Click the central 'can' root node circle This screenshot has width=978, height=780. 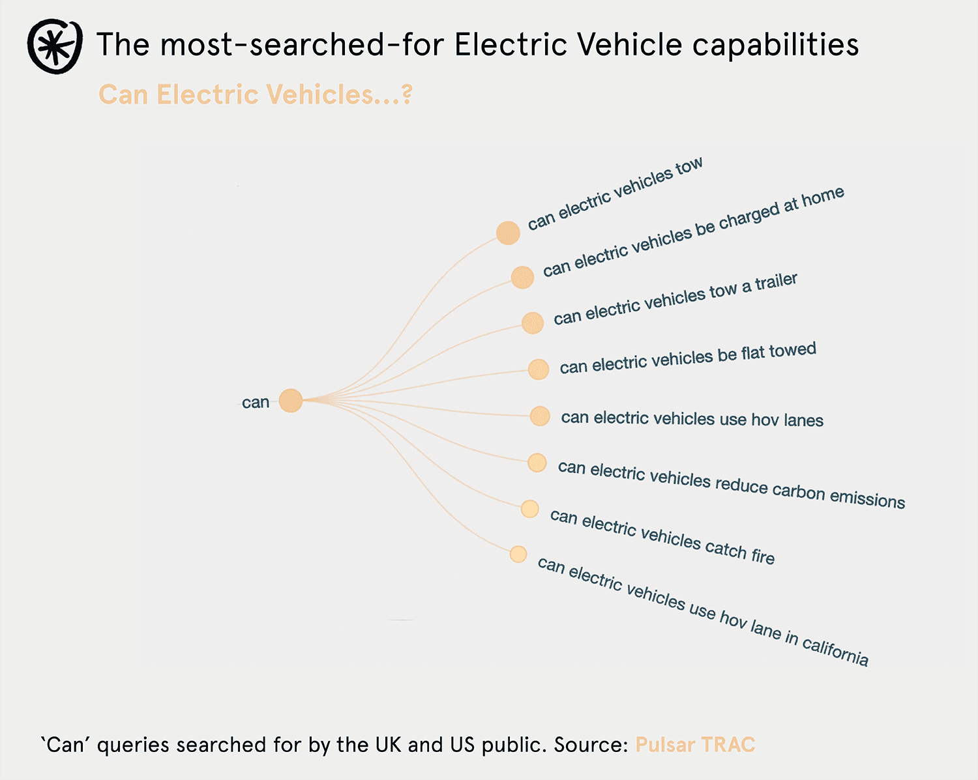[291, 401]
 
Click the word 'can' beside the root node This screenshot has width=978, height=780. [256, 403]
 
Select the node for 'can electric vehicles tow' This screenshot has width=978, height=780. [508, 233]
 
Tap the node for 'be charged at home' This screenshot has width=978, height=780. [522, 277]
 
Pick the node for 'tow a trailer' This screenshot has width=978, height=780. [532, 323]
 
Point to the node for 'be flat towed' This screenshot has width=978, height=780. [538, 369]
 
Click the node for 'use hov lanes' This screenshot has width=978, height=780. [540, 416]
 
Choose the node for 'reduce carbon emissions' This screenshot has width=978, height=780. [537, 463]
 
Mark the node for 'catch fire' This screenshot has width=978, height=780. [529, 508]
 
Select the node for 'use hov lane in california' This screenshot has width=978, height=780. [518, 554]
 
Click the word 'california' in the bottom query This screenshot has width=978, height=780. [835, 650]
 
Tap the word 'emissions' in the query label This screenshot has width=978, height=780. [867, 498]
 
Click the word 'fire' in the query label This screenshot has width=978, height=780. [762, 555]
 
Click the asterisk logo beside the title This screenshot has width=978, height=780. [55, 46]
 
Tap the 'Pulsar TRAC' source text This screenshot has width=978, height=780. [695, 745]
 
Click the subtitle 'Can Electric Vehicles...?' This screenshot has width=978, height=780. [255, 95]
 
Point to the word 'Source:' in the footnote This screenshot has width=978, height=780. [591, 745]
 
